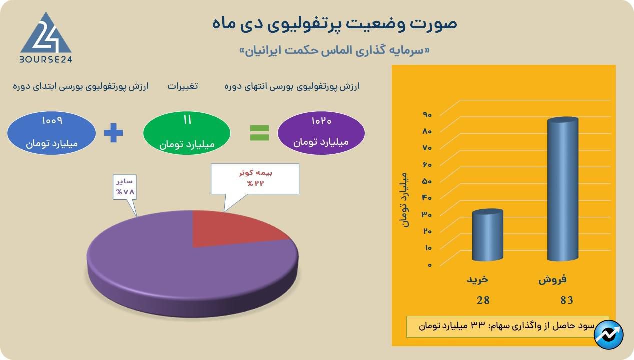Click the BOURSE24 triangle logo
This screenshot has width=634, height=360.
pyautogui.click(x=45, y=35)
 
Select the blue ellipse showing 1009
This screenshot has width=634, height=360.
pyautogui.click(x=51, y=133)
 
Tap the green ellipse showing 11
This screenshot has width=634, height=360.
pyautogui.click(x=187, y=133)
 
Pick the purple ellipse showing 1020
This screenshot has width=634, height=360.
pyautogui.click(x=321, y=133)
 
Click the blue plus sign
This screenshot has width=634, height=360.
pyautogui.click(x=113, y=133)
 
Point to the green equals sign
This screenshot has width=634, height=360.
pyautogui.click(x=259, y=133)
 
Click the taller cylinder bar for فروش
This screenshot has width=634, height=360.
pyautogui.click(x=562, y=190)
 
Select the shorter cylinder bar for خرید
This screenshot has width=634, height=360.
pyautogui.click(x=487, y=235)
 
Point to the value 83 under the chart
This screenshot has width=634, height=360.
pyautogui.click(x=567, y=300)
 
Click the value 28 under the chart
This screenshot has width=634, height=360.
pyautogui.click(x=483, y=300)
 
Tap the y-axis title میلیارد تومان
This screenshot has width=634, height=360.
pyautogui.click(x=405, y=200)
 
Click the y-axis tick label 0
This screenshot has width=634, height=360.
pyautogui.click(x=429, y=265)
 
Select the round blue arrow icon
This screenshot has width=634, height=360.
pyautogui.click(x=609, y=334)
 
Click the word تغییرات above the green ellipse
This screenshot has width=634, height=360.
pyautogui.click(x=182, y=86)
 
